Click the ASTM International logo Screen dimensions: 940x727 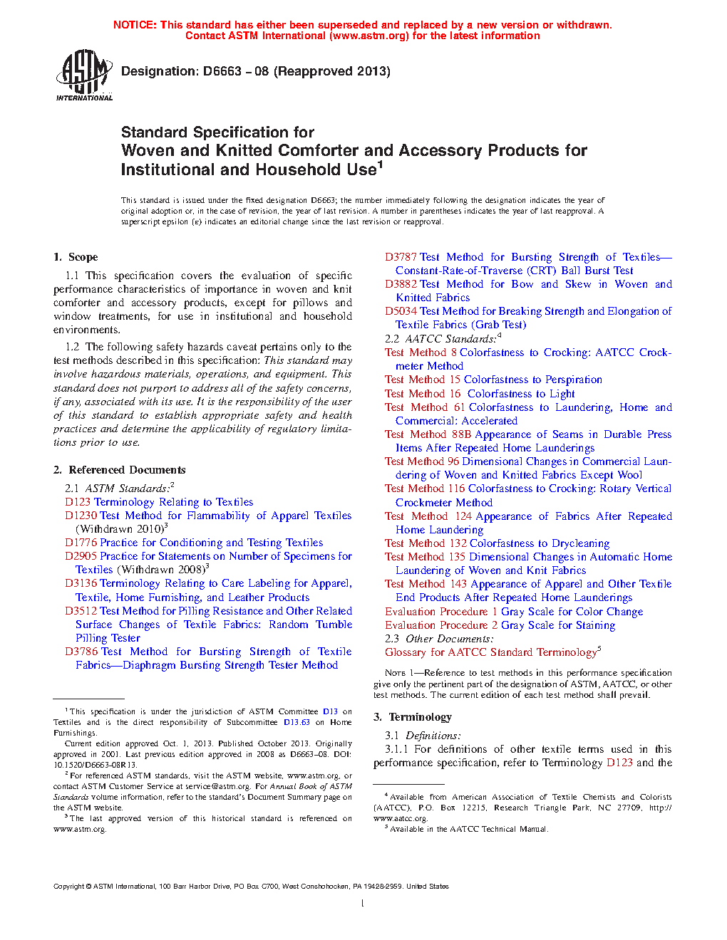(x=84, y=75)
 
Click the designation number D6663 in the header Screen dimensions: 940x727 (x=222, y=71)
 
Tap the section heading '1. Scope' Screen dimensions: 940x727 (x=76, y=257)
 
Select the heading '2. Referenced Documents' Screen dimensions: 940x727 (x=119, y=470)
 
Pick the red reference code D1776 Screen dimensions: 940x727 (x=81, y=543)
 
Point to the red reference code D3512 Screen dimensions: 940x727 (x=81, y=611)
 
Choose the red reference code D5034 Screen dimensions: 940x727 (x=401, y=311)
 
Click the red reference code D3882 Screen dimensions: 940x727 (x=401, y=284)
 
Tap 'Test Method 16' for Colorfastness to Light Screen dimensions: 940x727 (x=423, y=394)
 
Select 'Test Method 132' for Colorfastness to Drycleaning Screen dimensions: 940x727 (x=426, y=543)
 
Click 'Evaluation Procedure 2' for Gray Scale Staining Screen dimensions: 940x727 (x=441, y=625)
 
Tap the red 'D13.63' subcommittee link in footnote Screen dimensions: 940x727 (x=297, y=722)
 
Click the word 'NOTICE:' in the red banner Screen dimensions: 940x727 (x=135, y=25)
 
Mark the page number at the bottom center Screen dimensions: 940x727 (x=363, y=903)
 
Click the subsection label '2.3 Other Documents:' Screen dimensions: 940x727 (x=439, y=639)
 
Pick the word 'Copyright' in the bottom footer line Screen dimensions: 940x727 (x=68, y=887)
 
